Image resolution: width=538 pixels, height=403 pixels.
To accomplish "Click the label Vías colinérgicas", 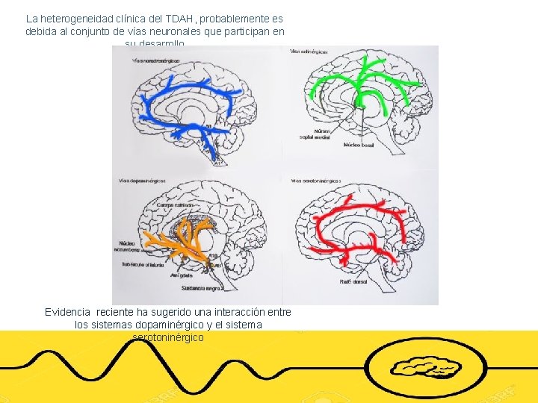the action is coord(310,51).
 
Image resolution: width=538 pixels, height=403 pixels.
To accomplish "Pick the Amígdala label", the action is coord(182,275).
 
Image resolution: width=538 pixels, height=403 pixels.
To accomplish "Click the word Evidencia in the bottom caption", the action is coord(68,312).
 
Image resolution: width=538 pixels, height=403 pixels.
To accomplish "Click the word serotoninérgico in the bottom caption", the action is coord(167,338).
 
